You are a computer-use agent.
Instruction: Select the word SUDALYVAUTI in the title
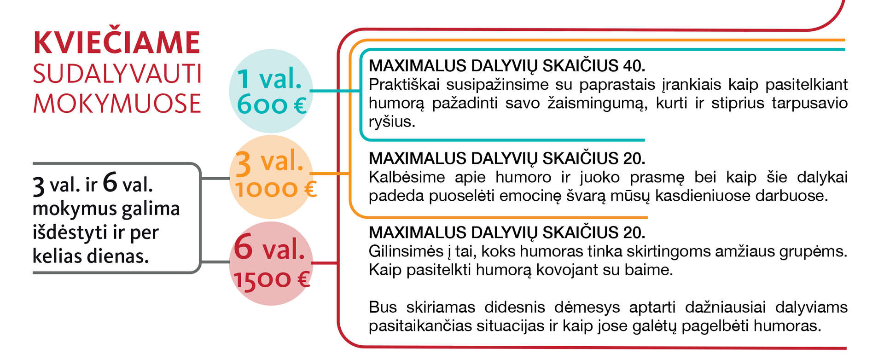point(117,74)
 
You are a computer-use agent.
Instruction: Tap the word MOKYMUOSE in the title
point(117,103)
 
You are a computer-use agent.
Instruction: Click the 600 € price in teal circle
point(272,105)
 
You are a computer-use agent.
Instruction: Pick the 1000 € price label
point(275,189)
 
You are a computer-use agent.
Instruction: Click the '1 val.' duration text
point(270,79)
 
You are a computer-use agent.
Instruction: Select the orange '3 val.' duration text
point(269,163)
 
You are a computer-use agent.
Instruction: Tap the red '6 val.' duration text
point(269,249)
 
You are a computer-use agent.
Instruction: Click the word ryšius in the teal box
point(392,122)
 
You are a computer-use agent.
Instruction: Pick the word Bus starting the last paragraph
point(382,307)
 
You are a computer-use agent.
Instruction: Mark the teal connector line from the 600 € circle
point(335,91)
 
